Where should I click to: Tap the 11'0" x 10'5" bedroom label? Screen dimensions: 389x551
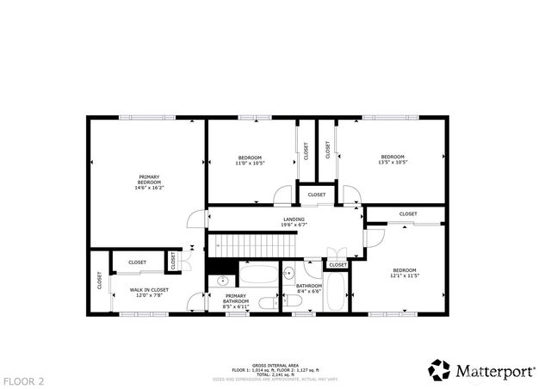[250, 159]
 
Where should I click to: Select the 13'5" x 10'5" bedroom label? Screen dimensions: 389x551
[393, 159]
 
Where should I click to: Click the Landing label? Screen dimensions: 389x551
[294, 221]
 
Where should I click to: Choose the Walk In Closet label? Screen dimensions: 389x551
[149, 293]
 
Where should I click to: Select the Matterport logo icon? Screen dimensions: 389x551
[439, 369]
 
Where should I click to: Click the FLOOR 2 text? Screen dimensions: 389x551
[23, 380]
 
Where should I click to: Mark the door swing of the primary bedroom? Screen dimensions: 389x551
[196, 217]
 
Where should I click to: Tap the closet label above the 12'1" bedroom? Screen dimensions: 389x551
[408, 214]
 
